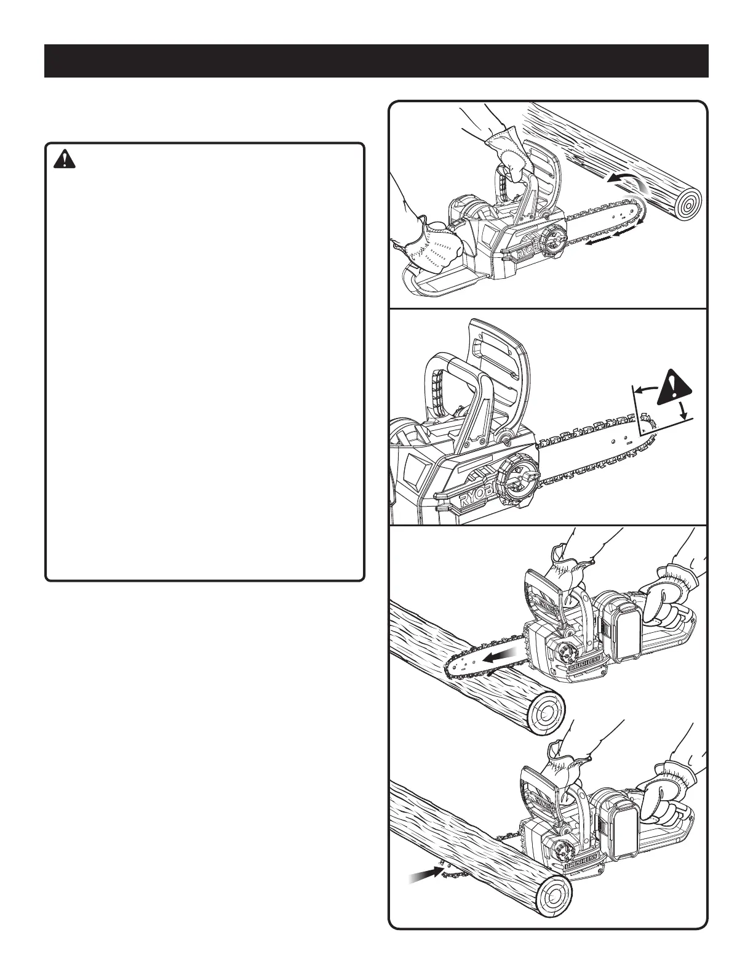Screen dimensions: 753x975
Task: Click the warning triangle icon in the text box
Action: [64, 159]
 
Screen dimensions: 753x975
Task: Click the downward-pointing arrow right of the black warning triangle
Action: [684, 410]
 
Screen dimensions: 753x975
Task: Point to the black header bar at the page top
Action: [376, 61]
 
